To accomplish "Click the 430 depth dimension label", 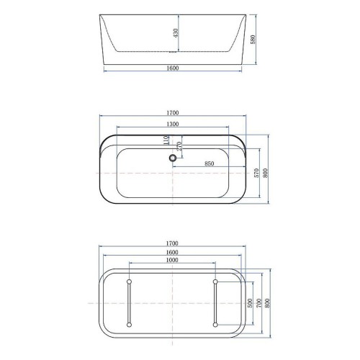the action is (x=176, y=33).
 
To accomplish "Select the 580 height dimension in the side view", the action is (x=253, y=40).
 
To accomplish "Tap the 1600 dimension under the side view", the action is (x=173, y=68).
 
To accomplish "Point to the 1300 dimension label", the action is (x=173, y=124).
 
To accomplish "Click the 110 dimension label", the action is (x=166, y=140).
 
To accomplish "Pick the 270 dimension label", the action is (x=179, y=146).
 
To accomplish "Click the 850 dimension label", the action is (x=210, y=163).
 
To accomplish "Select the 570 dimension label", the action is (x=256, y=173).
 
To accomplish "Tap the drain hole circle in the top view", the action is (x=173, y=158).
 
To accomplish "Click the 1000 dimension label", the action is (x=172, y=260).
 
